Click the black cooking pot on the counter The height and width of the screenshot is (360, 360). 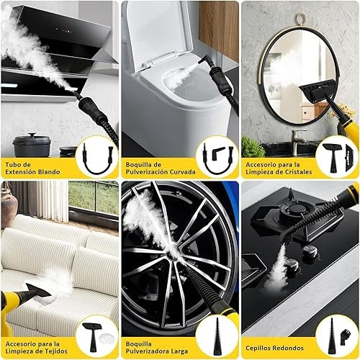32,145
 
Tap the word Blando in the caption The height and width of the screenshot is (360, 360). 49,172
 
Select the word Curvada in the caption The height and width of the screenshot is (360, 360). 183,172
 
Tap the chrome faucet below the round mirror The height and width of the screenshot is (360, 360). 297,137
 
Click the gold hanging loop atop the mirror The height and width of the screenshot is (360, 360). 301,19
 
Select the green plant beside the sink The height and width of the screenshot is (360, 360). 252,147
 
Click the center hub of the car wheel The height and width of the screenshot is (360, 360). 174,254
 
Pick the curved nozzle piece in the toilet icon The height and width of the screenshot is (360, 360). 218,152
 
